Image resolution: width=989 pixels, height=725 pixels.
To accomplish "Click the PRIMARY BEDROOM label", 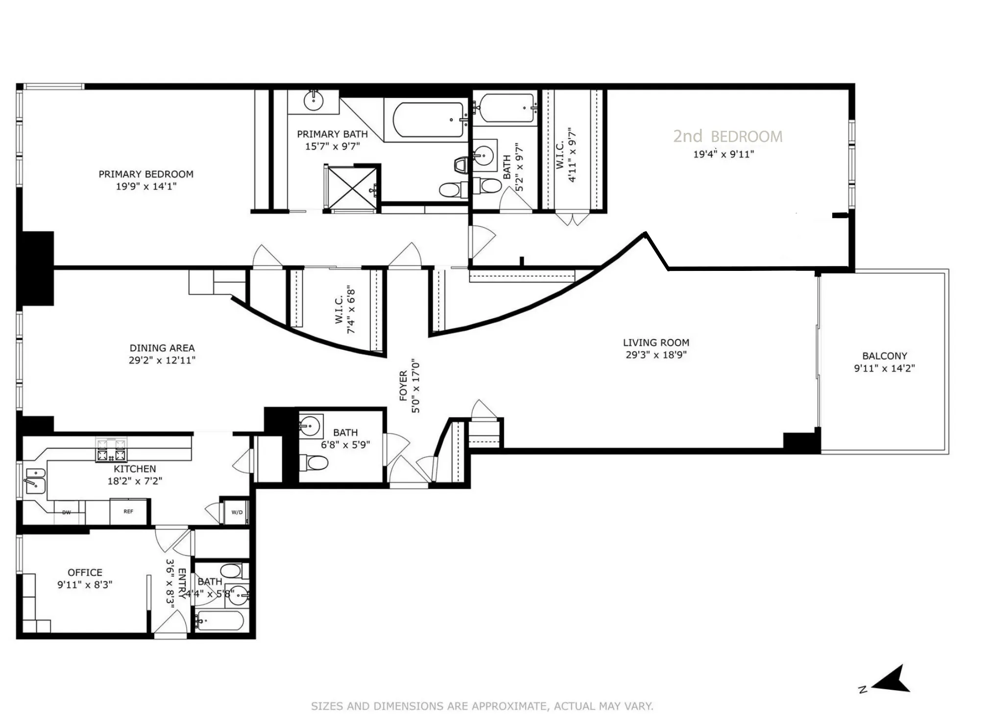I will tap(145, 174).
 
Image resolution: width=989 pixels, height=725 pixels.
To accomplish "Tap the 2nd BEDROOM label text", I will tap(727, 136).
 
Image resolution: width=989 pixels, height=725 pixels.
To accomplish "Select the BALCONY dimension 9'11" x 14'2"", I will tap(884, 368).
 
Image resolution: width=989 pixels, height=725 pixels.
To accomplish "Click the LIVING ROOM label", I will tap(655, 342).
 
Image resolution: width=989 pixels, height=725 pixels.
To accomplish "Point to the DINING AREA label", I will tap(162, 348).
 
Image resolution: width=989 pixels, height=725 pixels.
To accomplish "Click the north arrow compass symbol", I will tap(893, 680).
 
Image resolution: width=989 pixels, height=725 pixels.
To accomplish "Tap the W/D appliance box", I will tap(237, 512).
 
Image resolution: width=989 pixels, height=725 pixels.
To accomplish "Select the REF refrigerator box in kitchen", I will tap(128, 511).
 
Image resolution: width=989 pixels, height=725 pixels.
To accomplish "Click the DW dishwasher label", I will tap(67, 512).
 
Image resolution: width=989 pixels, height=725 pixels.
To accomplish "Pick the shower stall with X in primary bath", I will tap(351, 188).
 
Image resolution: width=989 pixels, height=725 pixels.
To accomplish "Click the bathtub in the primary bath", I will tap(428, 120).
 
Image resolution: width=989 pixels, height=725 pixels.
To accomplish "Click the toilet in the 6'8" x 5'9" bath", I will tap(316, 461).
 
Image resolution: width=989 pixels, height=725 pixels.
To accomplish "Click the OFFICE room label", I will tap(85, 572).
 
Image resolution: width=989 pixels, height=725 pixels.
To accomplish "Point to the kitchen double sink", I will tap(34, 480).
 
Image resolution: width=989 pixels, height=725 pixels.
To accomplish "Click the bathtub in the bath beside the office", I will tap(220, 621).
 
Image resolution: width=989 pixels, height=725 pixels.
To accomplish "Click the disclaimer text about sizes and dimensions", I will tap(482, 706).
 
